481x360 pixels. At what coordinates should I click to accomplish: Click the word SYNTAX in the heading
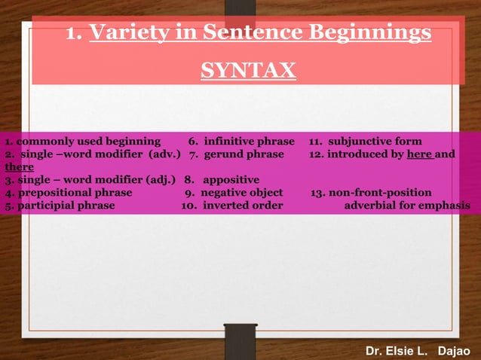click(x=248, y=71)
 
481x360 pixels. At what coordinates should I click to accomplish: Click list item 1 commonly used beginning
click(x=82, y=141)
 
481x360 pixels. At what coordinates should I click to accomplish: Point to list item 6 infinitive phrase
click(x=241, y=141)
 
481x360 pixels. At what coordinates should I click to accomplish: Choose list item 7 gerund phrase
click(x=237, y=154)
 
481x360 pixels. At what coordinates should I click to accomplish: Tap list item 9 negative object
click(x=234, y=193)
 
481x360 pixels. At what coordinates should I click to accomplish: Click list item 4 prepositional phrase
click(x=68, y=193)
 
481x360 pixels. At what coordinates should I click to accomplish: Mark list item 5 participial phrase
click(x=60, y=206)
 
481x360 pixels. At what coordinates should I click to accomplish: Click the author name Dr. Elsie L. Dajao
click(x=417, y=351)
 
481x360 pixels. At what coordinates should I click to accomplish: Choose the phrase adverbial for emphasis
click(x=407, y=206)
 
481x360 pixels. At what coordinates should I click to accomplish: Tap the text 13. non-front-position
click(x=371, y=193)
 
